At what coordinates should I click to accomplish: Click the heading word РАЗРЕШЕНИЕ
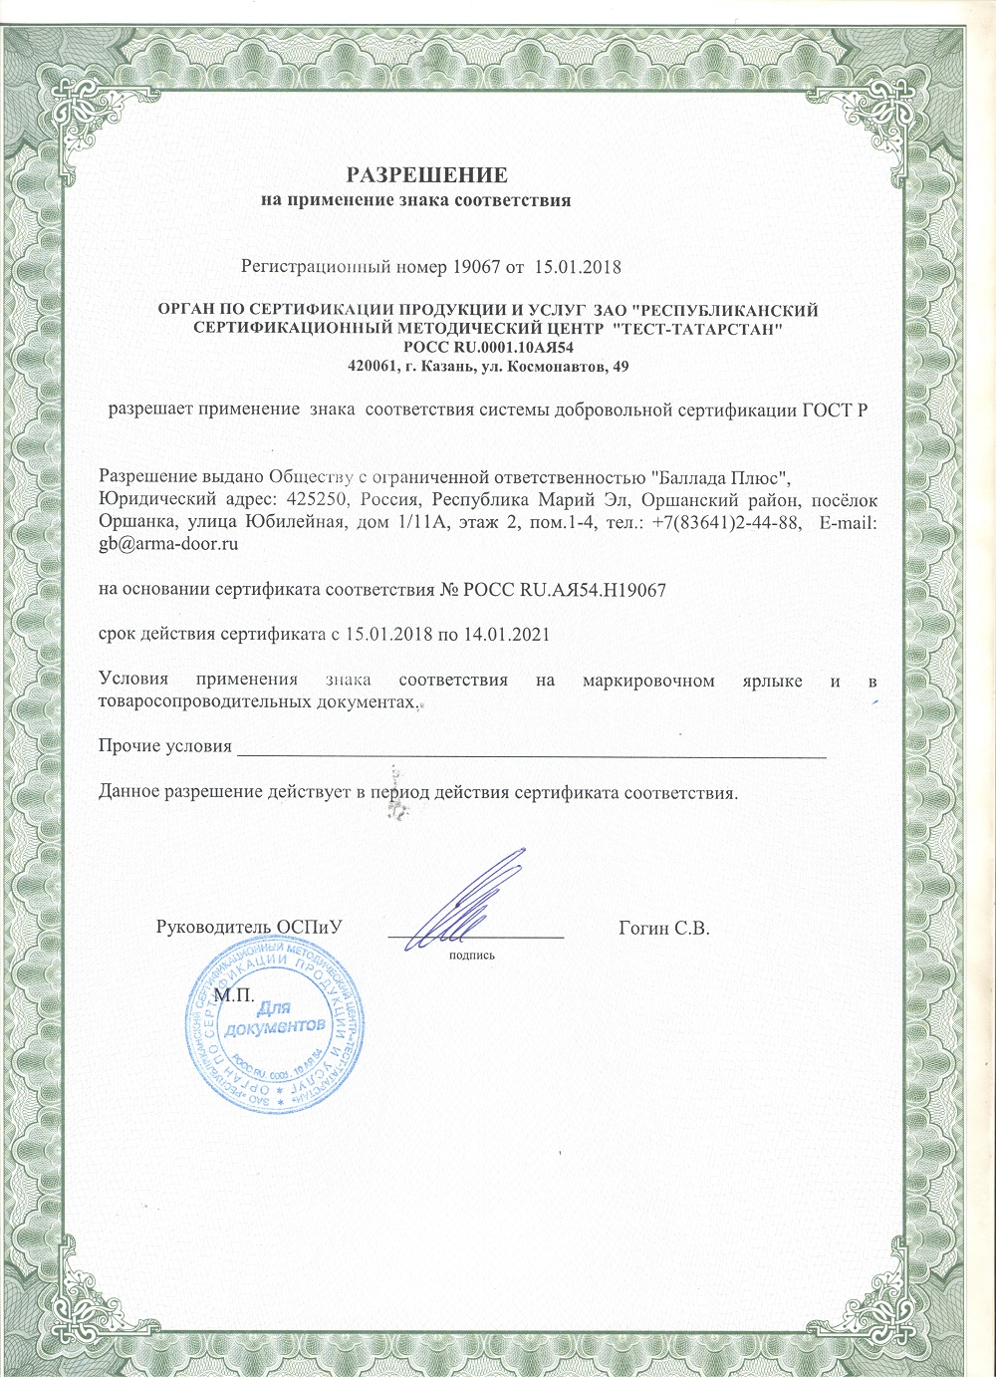[x=426, y=176]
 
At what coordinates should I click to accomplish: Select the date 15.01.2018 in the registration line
[x=578, y=267]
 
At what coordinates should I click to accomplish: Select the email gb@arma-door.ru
[x=168, y=545]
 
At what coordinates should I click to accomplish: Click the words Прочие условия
[x=165, y=746]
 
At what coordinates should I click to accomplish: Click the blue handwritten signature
[x=468, y=902]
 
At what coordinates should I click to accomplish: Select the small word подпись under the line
[x=472, y=955]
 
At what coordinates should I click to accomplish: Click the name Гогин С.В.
[x=662, y=929]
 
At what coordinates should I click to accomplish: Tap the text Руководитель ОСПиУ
[x=249, y=928]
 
